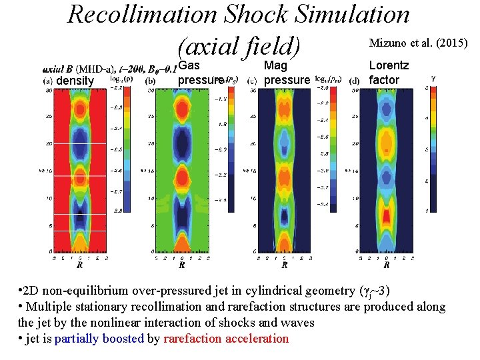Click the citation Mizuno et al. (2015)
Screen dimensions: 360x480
click(418, 44)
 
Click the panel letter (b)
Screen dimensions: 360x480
click(151, 81)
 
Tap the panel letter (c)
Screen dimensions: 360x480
click(253, 81)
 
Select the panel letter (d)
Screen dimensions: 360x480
click(355, 81)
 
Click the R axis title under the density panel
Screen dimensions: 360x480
click(80, 265)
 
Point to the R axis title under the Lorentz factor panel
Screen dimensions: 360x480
click(387, 265)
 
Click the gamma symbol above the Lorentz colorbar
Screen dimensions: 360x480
click(434, 77)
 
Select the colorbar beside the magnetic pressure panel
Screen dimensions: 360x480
click(334, 143)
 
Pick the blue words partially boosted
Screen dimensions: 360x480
click(99, 338)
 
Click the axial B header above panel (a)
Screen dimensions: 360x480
click(59, 69)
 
